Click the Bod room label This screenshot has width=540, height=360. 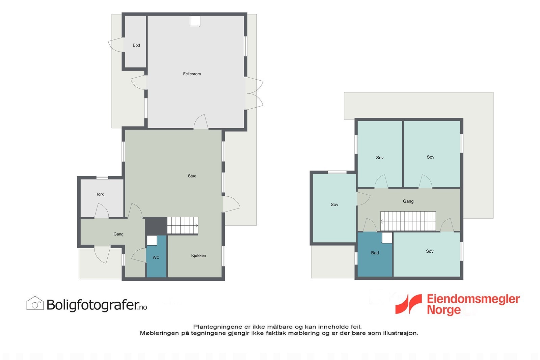click(136, 45)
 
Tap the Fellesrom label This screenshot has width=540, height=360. click(192, 74)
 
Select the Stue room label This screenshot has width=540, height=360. click(192, 176)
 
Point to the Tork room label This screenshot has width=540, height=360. click(100, 194)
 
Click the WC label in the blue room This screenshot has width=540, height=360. click(156, 257)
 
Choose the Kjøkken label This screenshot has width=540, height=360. click(198, 255)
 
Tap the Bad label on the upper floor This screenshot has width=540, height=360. click(375, 253)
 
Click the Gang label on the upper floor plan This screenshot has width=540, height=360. click(408, 201)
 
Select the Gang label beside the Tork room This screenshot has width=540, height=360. click(118, 234)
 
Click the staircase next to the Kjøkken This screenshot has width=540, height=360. click(183, 225)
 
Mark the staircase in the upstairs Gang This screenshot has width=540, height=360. click(408, 221)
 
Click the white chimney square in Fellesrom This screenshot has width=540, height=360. click(195, 21)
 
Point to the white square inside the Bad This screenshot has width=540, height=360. click(387, 238)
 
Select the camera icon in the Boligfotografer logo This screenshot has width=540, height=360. click(35, 303)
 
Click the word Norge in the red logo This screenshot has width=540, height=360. click(443, 310)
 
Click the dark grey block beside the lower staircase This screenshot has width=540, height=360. click(156, 225)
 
